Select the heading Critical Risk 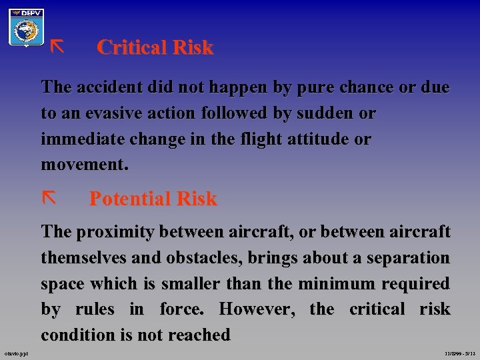click(x=155, y=47)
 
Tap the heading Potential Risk click(x=153, y=199)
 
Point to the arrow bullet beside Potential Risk click(x=48, y=197)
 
